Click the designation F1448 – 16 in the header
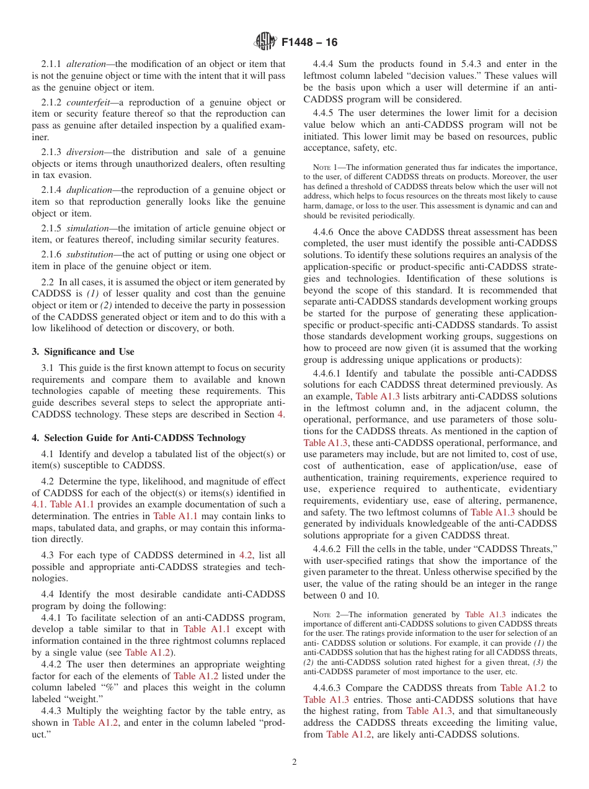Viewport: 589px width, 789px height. [x=309, y=42]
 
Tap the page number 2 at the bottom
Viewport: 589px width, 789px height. [x=294, y=762]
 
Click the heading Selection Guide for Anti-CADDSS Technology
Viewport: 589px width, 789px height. [x=142, y=438]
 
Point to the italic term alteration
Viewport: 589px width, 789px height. [x=87, y=64]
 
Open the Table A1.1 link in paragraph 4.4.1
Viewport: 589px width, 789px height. [x=203, y=629]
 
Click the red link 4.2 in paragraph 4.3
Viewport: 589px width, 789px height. [x=246, y=555]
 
